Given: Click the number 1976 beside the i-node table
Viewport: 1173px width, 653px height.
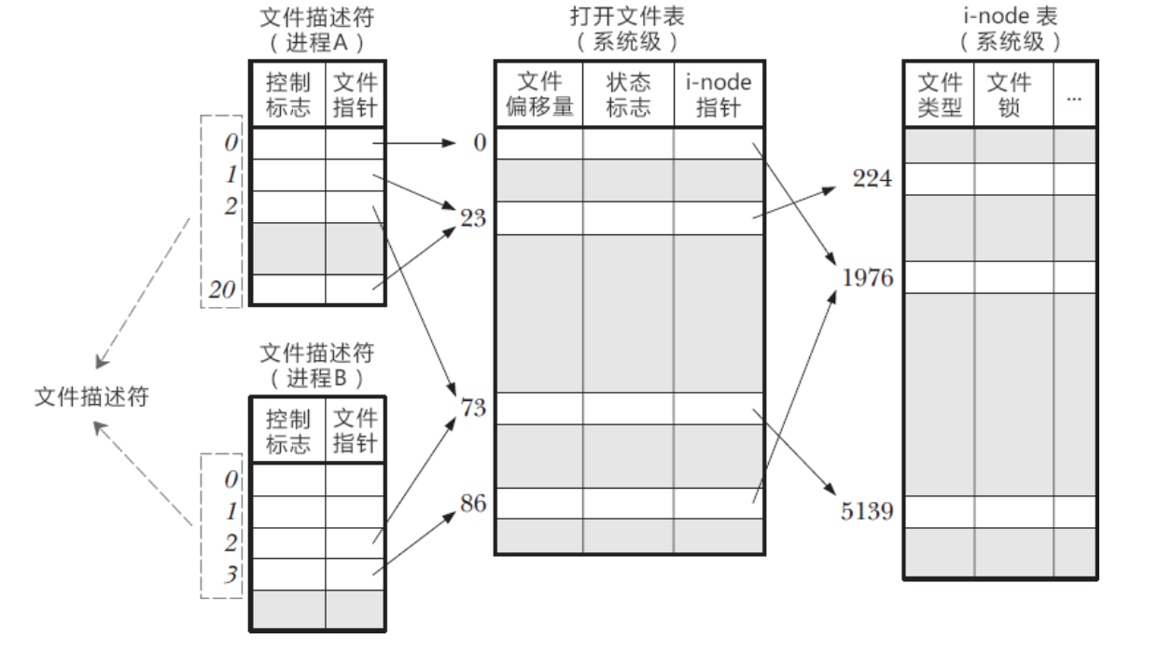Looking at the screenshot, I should pos(867,277).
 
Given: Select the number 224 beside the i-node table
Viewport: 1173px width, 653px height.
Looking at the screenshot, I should pos(873,179).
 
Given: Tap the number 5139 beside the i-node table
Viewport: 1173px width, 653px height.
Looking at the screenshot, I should pos(867,511).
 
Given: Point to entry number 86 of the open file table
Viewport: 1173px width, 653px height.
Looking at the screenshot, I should pos(474,504).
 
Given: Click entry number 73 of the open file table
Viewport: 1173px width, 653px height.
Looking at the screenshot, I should pos(474,408).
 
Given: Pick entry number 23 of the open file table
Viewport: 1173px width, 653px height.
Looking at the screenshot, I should pos(474,218).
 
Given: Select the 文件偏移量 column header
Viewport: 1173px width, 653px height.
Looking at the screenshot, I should pos(538,94).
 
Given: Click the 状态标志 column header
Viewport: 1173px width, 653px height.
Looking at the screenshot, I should pos(627,94).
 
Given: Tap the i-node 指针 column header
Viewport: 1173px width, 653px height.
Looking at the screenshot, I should pos(718,94).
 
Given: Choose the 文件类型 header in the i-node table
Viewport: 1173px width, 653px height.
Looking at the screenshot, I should pos(939,94).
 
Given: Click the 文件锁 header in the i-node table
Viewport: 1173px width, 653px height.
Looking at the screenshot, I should pos(1010,94).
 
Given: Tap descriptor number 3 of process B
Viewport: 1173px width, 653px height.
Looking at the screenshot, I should pos(230,573).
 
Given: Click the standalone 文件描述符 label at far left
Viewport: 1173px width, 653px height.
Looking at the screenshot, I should pos(91,396).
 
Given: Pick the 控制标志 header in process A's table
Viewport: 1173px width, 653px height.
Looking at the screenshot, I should pos(288,94).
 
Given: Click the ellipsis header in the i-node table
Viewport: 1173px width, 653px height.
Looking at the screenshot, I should pos(1074,94).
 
